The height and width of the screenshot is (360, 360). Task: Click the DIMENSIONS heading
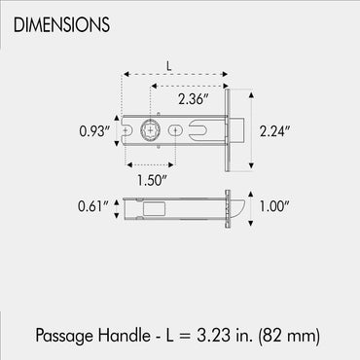(61, 20)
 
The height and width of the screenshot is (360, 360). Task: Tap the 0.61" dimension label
(93, 206)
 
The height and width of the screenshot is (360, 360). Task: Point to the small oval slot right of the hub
(175, 129)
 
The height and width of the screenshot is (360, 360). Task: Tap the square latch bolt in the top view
(236, 129)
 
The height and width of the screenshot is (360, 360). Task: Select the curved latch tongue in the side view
(236, 206)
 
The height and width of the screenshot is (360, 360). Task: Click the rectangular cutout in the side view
(153, 206)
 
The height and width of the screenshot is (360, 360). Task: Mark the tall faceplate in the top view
(226, 129)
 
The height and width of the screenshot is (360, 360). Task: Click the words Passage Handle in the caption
(90, 335)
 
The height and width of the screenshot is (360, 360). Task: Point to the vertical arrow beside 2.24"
(251, 129)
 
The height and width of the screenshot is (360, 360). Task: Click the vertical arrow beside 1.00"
(252, 206)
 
